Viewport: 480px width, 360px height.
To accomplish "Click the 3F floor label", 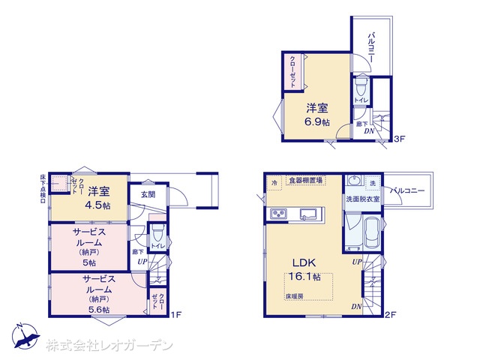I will (x=400, y=139).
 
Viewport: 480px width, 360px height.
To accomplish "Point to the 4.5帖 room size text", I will (x=98, y=205).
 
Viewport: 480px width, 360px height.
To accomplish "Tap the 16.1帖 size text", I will (x=306, y=277).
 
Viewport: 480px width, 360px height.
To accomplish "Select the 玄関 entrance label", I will (x=147, y=195).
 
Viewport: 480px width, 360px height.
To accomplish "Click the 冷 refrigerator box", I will (x=274, y=181).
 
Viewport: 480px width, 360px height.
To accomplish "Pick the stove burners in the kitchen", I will (x=278, y=215).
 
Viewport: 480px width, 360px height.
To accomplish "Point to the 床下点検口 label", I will (x=43, y=188).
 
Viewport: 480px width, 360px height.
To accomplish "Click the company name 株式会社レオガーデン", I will (x=109, y=346).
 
